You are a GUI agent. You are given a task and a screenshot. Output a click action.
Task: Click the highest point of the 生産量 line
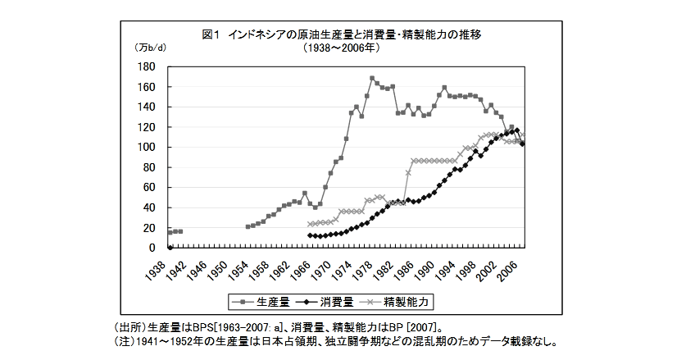click(x=372, y=79)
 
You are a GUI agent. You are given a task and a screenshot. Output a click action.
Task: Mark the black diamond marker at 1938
click(x=170, y=247)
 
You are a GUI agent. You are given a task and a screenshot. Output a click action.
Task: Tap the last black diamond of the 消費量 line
click(x=523, y=144)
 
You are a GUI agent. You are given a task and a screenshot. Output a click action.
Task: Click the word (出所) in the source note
click(x=129, y=326)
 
